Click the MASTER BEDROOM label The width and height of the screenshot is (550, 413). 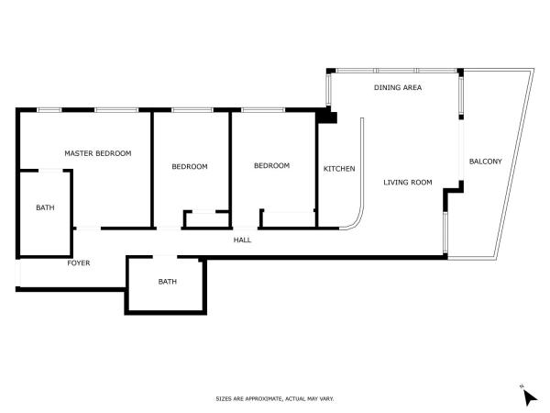[x=98, y=153]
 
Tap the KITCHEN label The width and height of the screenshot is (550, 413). [x=339, y=169]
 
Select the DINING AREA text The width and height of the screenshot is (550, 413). [x=398, y=87]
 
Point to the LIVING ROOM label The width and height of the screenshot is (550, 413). [x=408, y=183]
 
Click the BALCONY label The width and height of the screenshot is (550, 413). [x=486, y=162]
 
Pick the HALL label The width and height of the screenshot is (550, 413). [x=242, y=240]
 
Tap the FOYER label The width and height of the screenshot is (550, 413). [x=79, y=263]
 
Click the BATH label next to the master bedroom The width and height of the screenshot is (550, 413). [x=45, y=208]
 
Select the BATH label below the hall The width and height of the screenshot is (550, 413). [x=168, y=282]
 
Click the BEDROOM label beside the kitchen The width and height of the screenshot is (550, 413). [x=272, y=165]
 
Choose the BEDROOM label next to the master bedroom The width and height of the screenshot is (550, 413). [x=190, y=166]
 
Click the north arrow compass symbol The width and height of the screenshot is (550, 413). [x=529, y=397]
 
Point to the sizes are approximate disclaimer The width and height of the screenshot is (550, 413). [x=275, y=399]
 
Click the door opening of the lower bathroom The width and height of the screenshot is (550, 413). [x=165, y=257]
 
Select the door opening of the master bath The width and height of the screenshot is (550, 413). [x=50, y=171]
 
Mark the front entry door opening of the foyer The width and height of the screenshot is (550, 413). [x=18, y=273]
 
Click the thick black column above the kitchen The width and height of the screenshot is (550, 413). [x=326, y=117]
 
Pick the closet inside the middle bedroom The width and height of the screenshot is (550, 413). [x=206, y=220]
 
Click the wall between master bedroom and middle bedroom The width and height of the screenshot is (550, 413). [x=152, y=170]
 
